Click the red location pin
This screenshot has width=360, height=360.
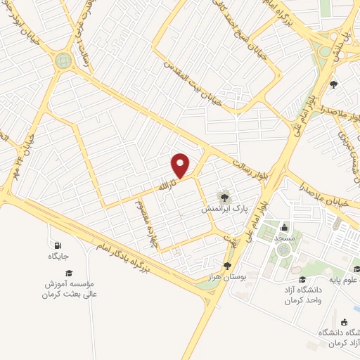181,166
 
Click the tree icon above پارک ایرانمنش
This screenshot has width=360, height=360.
224,194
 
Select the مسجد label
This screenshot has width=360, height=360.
284,240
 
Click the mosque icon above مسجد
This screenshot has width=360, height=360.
284,227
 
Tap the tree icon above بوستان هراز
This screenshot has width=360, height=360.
227,265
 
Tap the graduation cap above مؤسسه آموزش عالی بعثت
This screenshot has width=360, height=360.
69,273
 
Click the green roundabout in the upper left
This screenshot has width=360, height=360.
64,61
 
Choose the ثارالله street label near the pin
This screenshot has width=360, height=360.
167,186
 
